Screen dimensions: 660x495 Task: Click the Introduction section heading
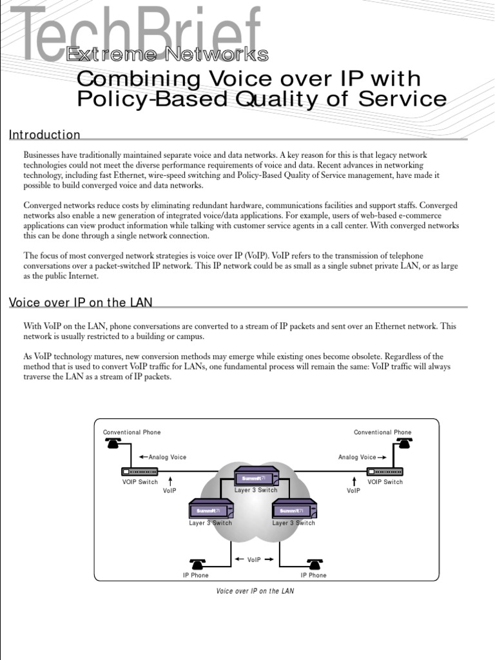[44, 135]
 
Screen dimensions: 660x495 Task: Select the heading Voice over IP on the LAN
[81, 303]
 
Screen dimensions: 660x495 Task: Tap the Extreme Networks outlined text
[167, 55]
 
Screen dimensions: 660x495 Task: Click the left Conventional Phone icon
[113, 443]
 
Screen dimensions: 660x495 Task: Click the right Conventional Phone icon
[404, 443]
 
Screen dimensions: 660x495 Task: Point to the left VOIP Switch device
[140, 472]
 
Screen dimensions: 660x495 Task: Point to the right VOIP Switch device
[385, 472]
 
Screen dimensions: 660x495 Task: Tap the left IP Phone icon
[197, 564]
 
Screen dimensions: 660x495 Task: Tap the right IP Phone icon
[314, 564]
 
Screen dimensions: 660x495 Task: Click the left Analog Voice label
[167, 457]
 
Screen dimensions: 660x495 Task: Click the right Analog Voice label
[357, 457]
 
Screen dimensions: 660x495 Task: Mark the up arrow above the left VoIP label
[170, 481]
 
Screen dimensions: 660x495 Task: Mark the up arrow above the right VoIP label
[354, 481]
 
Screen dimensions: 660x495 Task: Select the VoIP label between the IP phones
[255, 559]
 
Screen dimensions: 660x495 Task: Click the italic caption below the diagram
[255, 591]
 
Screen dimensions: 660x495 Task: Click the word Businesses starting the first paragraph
[43, 155]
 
